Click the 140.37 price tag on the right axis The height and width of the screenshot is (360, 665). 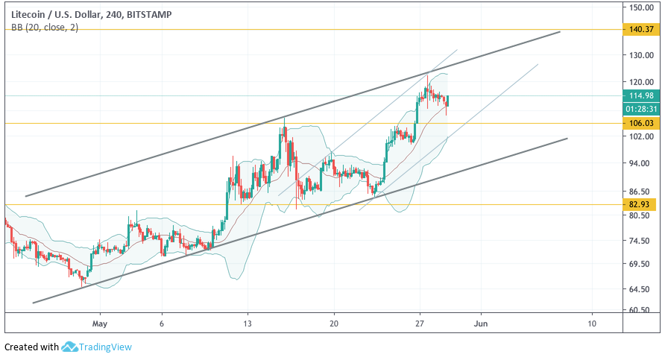coord(641,30)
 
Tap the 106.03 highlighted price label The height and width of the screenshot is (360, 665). coord(641,123)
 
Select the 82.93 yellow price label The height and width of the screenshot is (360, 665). coord(641,204)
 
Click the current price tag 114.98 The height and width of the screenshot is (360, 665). coord(641,95)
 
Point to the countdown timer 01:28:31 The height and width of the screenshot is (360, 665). coord(641,109)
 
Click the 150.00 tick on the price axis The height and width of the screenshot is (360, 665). coord(641,7)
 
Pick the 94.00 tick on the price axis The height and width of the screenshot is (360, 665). coord(641,164)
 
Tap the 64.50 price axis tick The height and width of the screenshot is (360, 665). coord(641,289)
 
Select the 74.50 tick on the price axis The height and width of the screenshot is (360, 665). coord(641,241)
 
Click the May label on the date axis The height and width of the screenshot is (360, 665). coord(100,323)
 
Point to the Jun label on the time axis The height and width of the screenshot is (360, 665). coord(481,323)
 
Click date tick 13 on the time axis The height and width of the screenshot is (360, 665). coord(248,323)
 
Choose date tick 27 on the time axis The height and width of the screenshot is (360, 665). coord(420,323)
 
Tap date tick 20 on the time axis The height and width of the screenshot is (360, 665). coord(334,323)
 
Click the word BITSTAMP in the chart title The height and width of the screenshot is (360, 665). coord(157,13)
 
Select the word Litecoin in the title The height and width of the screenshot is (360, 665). coord(26,13)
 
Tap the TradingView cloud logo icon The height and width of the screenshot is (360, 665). coord(70,347)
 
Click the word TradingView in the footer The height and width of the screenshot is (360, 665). coord(106,347)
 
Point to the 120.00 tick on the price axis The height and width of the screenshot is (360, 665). coord(641,82)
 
